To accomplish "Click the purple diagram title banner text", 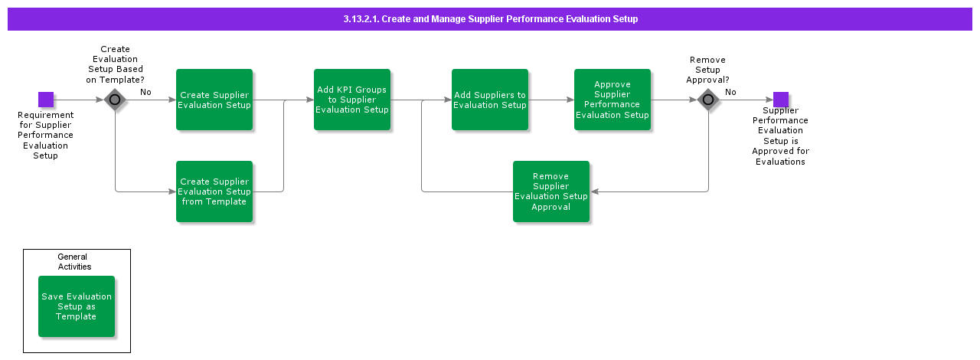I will coord(490,19).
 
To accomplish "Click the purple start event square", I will coord(46,100).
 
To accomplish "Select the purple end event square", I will coord(780,100).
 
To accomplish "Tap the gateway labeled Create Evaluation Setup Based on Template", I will coord(115,100).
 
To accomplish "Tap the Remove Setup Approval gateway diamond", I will coord(708,100).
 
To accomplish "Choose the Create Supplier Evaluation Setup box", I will coord(214,100).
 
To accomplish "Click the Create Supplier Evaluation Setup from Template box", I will coord(214,191).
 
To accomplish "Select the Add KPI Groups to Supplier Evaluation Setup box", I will coord(352,100).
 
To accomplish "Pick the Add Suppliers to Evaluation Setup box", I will coord(490,100).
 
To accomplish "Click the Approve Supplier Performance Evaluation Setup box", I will coord(612,100).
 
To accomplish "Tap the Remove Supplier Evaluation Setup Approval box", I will coord(551,191).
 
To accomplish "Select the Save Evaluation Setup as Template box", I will coord(77,306).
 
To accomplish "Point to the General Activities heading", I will coord(73,262).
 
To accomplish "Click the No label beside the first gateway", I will coord(145,92).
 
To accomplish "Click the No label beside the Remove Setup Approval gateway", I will coord(730,92).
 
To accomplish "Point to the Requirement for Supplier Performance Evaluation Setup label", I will coord(46,135).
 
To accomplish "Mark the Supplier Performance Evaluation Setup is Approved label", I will coord(780,136).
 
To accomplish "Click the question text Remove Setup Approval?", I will coord(707,70).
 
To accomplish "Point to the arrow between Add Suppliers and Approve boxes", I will coord(551,100).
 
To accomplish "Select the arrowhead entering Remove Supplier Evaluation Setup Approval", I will coord(594,191).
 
